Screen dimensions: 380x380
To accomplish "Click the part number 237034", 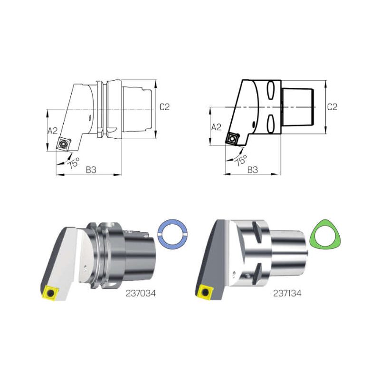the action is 141,294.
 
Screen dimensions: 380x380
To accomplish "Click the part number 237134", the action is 287,294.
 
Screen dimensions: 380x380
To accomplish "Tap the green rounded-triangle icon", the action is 325,234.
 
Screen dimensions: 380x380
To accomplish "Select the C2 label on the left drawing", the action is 164,107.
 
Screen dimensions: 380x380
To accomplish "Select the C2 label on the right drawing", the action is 332,107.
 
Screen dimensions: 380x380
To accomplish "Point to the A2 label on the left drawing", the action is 53,131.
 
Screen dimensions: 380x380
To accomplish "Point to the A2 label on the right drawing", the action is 217,127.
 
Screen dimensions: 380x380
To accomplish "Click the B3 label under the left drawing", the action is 91,170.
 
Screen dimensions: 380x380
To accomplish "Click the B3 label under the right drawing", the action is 253,170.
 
